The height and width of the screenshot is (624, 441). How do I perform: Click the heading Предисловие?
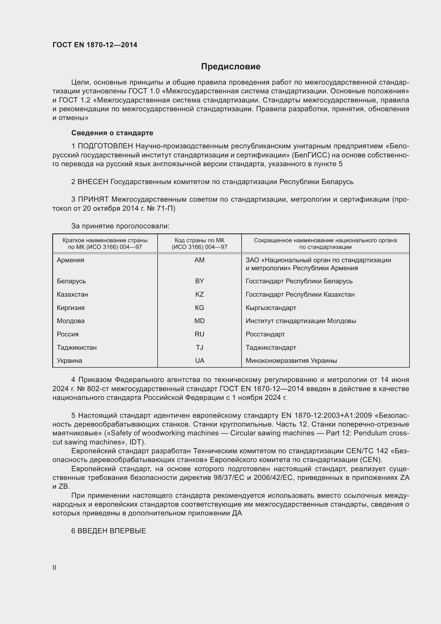tap(231, 67)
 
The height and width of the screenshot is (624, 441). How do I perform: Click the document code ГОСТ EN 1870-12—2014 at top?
tap(95, 45)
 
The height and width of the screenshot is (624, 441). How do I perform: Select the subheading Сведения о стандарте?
tap(112, 133)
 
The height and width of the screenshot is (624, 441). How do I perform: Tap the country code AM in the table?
tap(199, 260)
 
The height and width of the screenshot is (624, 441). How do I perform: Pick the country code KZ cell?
tap(199, 294)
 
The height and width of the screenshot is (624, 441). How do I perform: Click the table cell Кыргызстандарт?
tap(271, 308)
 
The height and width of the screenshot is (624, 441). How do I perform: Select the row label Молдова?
tap(71, 321)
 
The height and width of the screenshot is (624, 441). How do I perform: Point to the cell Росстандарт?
tap(265, 334)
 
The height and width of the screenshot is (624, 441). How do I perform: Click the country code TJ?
tap(199, 347)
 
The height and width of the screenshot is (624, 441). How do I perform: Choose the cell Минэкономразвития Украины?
tap(291, 361)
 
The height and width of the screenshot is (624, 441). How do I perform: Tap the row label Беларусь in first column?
tap(71, 281)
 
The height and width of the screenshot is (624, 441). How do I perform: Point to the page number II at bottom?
tap(54, 567)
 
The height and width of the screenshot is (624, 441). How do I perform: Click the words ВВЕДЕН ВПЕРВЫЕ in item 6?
tap(112, 531)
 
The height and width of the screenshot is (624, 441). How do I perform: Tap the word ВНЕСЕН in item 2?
tap(93, 182)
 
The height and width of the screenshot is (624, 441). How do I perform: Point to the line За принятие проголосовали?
tap(120, 226)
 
